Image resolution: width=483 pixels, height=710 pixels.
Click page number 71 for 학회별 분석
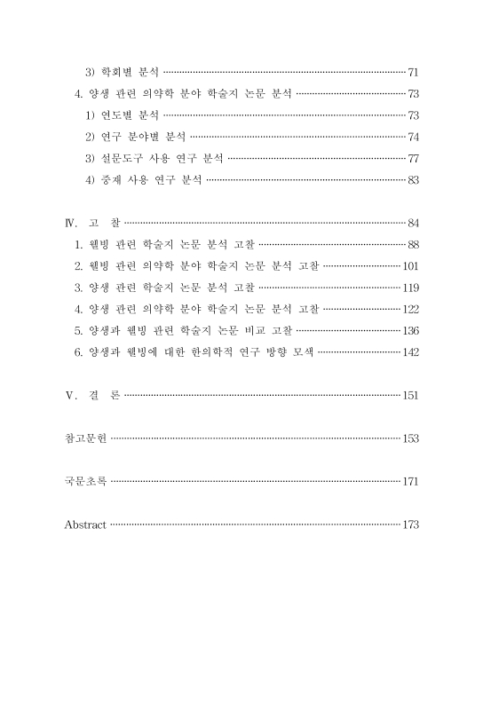(412, 70)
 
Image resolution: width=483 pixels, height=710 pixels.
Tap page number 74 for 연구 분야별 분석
(412, 137)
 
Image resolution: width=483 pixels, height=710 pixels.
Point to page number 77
(412, 159)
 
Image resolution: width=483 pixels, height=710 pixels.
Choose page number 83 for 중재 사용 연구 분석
(412, 181)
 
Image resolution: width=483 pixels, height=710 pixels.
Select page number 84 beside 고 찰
(412, 222)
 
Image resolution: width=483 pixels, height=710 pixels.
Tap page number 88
(412, 244)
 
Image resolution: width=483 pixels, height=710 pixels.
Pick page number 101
(409, 266)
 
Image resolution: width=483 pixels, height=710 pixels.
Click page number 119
(409, 288)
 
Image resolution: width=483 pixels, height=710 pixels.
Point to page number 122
(409, 310)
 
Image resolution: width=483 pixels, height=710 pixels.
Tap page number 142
(409, 353)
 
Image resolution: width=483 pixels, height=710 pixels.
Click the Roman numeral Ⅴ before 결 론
(71, 396)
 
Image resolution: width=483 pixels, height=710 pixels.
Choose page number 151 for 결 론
(409, 396)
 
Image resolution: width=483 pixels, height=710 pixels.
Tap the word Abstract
(85, 525)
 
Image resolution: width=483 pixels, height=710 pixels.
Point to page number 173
(409, 525)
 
